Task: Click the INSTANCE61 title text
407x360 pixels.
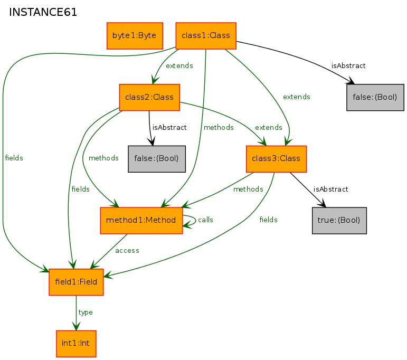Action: [x=43, y=12]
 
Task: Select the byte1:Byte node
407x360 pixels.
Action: [x=135, y=35]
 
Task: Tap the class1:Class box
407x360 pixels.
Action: [x=206, y=35]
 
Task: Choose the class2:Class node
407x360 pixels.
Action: [x=149, y=97]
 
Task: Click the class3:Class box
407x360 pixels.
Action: [x=276, y=159]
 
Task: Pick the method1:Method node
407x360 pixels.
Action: [x=141, y=220]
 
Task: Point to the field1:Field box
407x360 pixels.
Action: [x=76, y=282]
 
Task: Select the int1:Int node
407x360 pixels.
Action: [x=76, y=344]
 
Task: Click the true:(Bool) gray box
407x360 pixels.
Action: [x=339, y=220]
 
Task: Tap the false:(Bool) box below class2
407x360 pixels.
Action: [x=157, y=159]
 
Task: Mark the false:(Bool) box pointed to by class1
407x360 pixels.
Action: [x=375, y=97]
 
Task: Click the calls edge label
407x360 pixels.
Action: [x=205, y=220]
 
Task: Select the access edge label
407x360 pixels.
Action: [x=127, y=250]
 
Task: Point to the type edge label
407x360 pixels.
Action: [x=86, y=312]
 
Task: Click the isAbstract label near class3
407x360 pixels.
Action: [x=330, y=189]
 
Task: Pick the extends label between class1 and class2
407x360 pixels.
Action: [x=179, y=65]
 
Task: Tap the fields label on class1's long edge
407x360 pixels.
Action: [x=14, y=158]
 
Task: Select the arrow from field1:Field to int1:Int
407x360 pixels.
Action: [x=77, y=313]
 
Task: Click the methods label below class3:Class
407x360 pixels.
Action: [x=248, y=189]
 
